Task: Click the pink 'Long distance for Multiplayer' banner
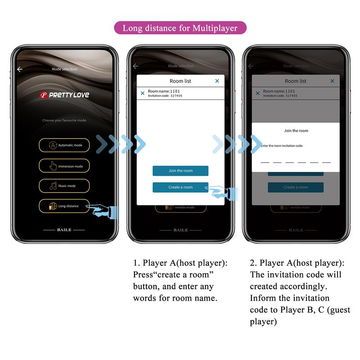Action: coord(180,28)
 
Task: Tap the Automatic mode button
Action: coord(64,145)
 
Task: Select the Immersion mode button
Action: coord(64,166)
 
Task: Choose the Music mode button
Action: coord(64,186)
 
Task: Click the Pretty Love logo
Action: coord(64,95)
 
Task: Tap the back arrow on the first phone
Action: coord(20,69)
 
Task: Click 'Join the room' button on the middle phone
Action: coord(180,171)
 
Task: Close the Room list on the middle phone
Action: coord(217,81)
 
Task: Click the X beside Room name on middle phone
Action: coord(143,93)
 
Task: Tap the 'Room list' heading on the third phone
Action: coord(296,81)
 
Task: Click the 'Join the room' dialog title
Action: coord(296,131)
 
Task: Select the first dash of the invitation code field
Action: coord(265,162)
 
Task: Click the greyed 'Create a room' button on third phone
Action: coord(296,187)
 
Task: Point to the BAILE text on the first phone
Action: coord(64,230)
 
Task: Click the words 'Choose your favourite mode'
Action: coord(64,121)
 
